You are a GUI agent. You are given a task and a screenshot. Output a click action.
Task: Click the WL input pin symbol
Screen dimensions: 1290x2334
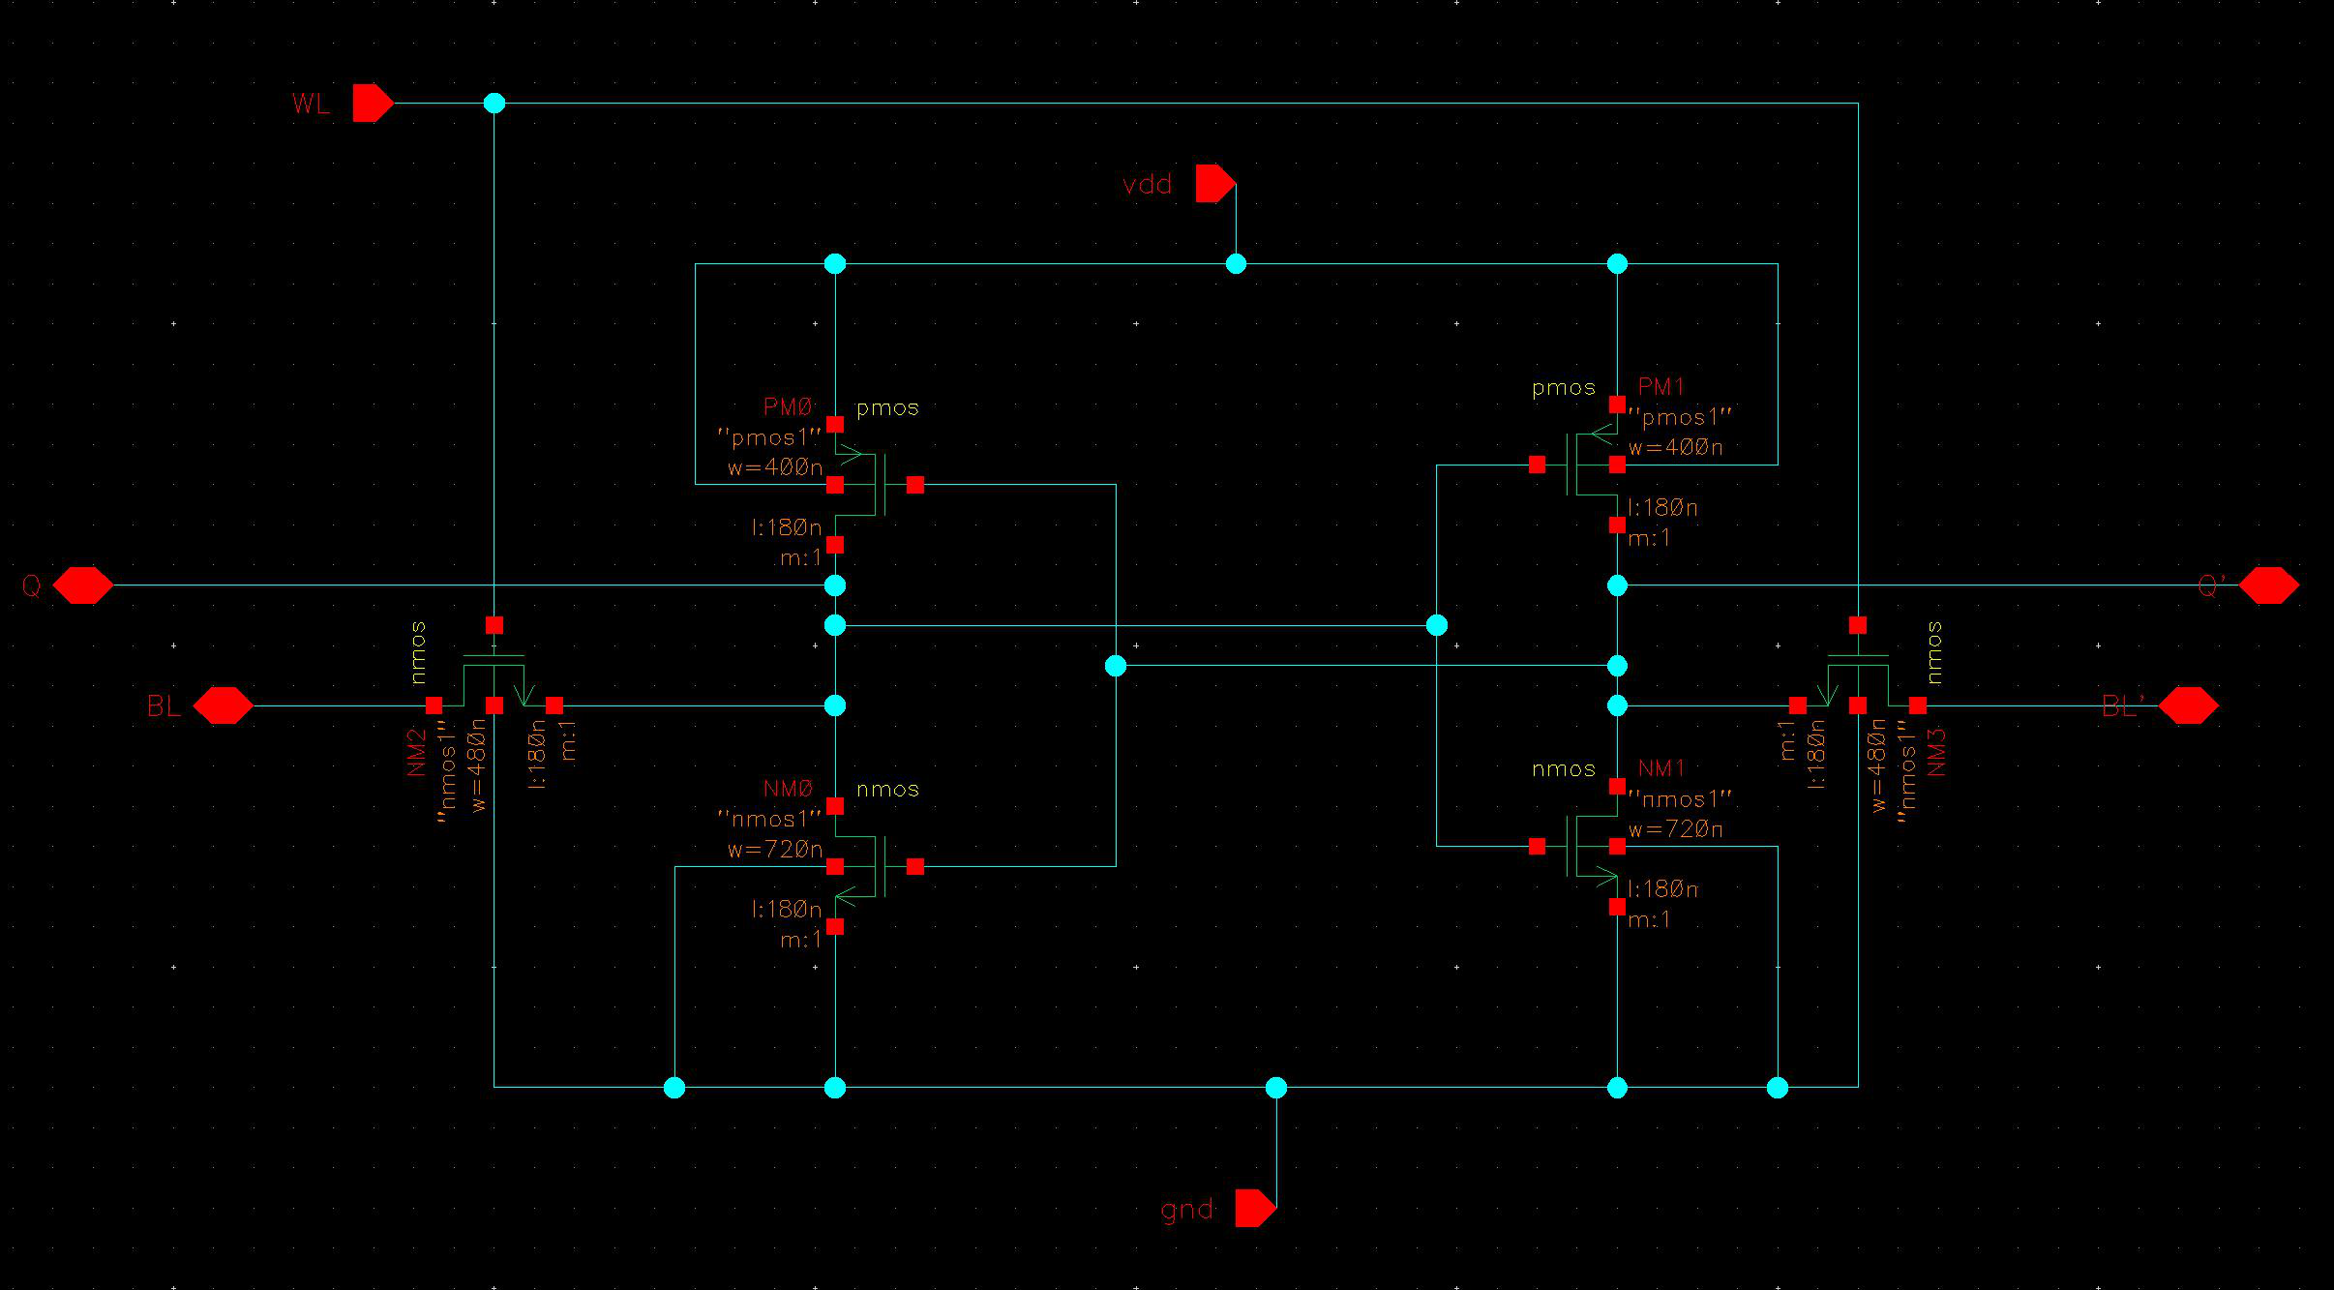point(372,103)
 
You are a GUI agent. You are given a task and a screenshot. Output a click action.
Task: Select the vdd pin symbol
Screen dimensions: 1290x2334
point(1214,183)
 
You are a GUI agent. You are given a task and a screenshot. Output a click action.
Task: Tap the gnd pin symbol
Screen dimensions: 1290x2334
point(1255,1208)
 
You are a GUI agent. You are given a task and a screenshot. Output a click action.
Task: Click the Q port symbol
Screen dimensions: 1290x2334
point(82,585)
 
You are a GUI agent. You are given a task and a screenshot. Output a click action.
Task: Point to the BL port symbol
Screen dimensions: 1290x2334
point(224,705)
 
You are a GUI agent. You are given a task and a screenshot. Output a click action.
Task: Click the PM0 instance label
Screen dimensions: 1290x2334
point(790,407)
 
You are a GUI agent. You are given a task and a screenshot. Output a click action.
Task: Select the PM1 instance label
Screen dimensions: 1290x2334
point(1661,387)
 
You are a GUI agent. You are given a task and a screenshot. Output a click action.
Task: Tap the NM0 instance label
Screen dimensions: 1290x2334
point(790,789)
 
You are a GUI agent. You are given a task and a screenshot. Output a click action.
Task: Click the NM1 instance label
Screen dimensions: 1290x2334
point(1661,768)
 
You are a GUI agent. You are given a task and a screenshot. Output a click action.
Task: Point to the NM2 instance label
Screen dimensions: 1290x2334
point(417,752)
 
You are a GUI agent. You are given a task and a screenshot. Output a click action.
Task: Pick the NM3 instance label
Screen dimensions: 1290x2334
point(1936,752)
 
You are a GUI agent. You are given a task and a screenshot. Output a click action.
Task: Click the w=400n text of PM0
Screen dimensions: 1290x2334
point(774,468)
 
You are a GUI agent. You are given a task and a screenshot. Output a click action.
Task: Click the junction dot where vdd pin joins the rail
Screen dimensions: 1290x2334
point(1236,263)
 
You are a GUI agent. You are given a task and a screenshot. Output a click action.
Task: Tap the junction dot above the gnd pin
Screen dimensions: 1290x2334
point(1276,1088)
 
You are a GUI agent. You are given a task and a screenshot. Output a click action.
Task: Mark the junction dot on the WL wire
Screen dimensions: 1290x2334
point(494,103)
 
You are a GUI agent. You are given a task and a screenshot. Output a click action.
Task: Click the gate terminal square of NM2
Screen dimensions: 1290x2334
point(494,625)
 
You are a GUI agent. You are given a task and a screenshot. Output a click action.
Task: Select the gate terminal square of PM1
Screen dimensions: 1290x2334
point(1537,465)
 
